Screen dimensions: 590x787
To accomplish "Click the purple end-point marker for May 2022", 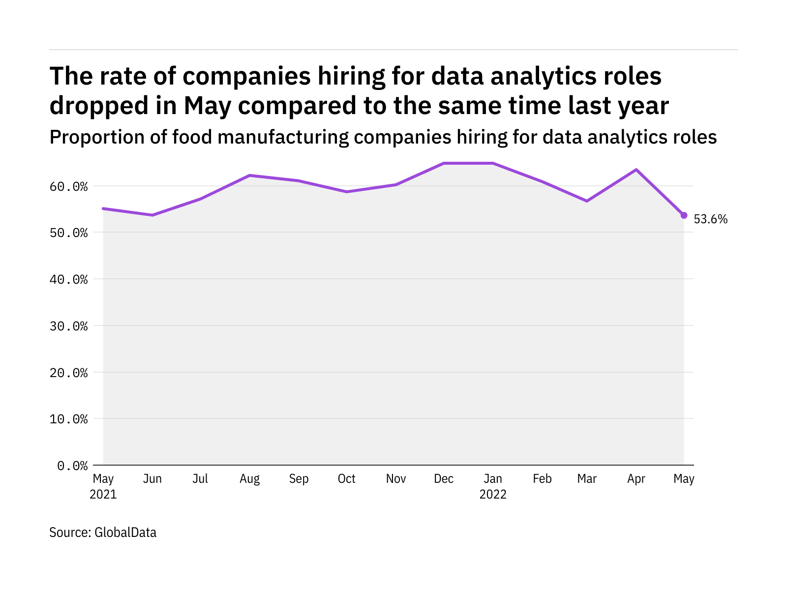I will (x=684, y=215).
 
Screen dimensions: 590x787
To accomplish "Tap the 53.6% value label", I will (x=710, y=219).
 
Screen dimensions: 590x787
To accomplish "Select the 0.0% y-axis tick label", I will (x=72, y=466).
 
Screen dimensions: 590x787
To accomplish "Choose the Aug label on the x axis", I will (x=249, y=479).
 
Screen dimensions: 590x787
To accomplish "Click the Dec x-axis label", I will (x=444, y=479).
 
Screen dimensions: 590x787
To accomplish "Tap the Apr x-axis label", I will (x=636, y=479).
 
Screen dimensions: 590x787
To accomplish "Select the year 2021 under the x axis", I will (x=103, y=494).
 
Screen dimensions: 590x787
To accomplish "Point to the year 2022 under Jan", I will (x=493, y=494).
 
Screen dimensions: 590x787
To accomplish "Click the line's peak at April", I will (x=636, y=170).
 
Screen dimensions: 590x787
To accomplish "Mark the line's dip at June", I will (x=152, y=215).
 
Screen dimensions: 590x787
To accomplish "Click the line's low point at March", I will (x=587, y=201).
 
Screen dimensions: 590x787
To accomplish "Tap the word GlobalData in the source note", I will (x=125, y=532).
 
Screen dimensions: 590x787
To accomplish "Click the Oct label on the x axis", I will (x=346, y=479).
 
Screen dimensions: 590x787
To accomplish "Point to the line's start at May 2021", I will (x=103, y=208).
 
